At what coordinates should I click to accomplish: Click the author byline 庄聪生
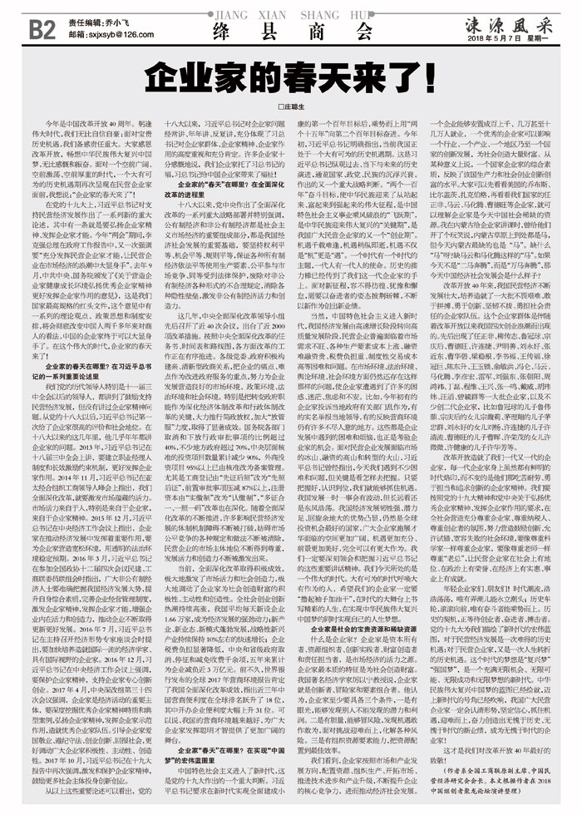click(x=291, y=109)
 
